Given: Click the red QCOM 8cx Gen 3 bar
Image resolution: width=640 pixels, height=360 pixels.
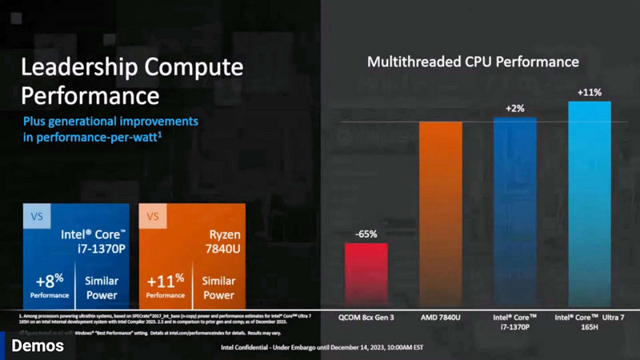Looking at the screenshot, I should click(x=366, y=273).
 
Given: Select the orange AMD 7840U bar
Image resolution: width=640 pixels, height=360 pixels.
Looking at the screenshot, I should click(x=440, y=213).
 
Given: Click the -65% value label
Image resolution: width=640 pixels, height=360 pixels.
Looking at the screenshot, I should click(x=366, y=234).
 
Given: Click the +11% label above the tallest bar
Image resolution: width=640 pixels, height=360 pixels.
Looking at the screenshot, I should click(x=589, y=92).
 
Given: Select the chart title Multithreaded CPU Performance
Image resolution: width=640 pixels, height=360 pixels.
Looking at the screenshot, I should click(x=473, y=62).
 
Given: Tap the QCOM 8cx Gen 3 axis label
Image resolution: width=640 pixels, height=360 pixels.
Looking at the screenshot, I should click(x=366, y=318).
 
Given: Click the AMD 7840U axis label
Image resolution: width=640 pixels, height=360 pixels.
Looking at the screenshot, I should click(x=440, y=318).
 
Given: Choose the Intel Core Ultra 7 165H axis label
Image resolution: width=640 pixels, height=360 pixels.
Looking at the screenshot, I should click(x=589, y=323).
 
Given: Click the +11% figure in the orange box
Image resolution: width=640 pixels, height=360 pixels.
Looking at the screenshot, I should click(x=166, y=286).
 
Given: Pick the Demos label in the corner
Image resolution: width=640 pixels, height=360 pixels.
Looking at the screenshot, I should click(x=32, y=346).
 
